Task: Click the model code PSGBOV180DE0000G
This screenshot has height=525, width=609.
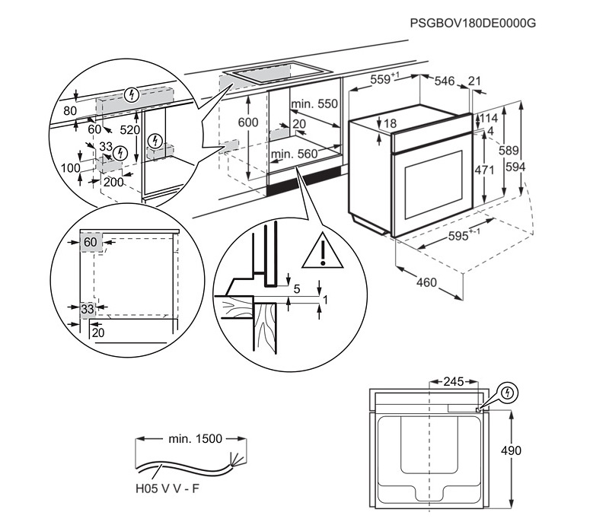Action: (473, 23)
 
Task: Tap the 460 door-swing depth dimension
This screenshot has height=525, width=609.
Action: (426, 283)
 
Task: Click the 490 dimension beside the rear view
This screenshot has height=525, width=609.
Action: (511, 450)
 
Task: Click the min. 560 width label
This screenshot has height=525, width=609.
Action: (295, 154)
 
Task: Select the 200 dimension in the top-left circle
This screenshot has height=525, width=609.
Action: (113, 182)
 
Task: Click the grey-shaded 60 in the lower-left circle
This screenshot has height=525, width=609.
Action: (91, 242)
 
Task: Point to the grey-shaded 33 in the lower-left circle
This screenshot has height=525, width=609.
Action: (87, 308)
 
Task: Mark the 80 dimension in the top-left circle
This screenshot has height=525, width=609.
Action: (70, 110)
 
